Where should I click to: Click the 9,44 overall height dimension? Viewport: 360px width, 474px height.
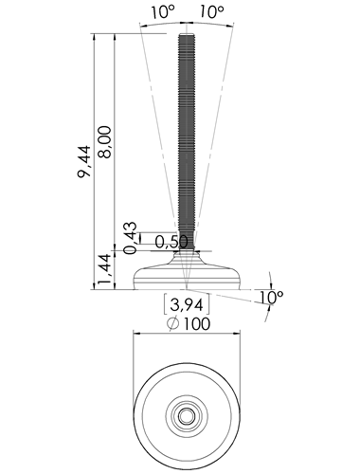click(x=84, y=161)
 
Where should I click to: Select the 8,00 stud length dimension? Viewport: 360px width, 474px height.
click(x=104, y=142)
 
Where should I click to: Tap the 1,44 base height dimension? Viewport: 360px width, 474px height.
click(x=104, y=268)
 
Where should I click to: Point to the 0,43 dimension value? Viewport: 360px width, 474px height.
click(x=131, y=238)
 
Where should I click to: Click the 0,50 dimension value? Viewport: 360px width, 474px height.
click(x=171, y=242)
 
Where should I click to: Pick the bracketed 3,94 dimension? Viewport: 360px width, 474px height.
click(x=187, y=304)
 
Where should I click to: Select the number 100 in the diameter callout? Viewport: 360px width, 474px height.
click(x=197, y=323)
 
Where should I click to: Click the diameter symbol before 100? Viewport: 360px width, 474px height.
click(x=173, y=323)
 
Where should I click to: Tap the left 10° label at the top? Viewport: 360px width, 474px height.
click(x=162, y=11)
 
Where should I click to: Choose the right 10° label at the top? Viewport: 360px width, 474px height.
click(x=211, y=11)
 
